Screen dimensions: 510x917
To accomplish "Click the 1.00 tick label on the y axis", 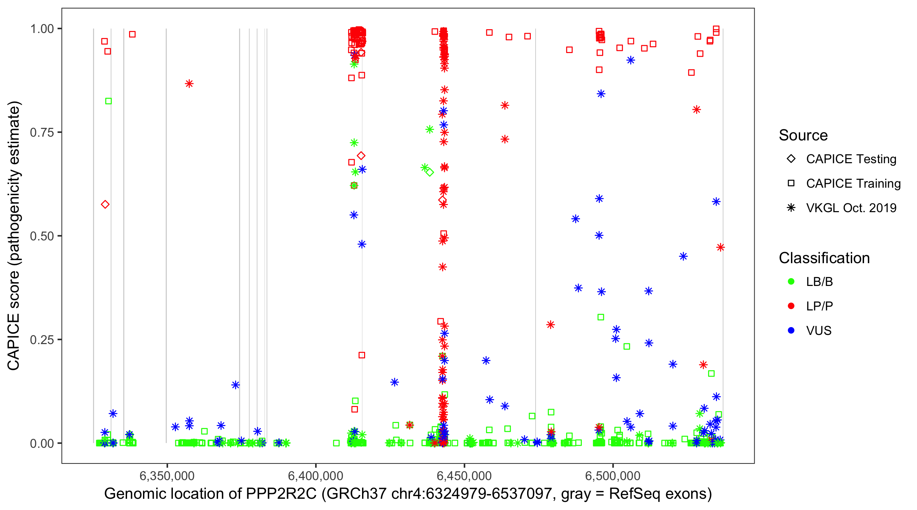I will pyautogui.click(x=42, y=29).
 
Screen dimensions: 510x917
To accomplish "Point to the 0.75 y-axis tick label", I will pyautogui.click(x=42, y=133).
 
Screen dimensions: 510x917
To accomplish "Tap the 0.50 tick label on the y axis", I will pyautogui.click(x=42, y=236).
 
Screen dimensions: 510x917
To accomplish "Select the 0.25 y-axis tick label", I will pyautogui.click(x=42, y=340).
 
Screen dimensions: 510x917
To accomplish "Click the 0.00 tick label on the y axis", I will pyautogui.click(x=42, y=443).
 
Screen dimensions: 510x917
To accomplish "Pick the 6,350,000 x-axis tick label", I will pyautogui.click(x=167, y=475).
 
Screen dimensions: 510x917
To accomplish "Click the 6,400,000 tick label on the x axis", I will pyautogui.click(x=316, y=475).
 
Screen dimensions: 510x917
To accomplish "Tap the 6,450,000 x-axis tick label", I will pyautogui.click(x=464, y=475).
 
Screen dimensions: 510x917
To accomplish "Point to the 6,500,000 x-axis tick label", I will pyautogui.click(x=613, y=475).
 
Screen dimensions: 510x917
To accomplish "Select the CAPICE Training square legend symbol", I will pyautogui.click(x=791, y=184).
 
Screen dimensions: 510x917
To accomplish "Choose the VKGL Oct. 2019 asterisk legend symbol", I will pyautogui.click(x=791, y=208).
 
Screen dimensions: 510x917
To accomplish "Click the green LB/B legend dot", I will pyautogui.click(x=791, y=282).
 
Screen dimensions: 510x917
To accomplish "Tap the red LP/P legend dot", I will pyautogui.click(x=791, y=306).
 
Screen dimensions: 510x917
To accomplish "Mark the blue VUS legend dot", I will pyautogui.click(x=791, y=330).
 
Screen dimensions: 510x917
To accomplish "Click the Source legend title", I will pyautogui.click(x=803, y=135).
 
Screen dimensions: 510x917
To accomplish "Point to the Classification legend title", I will pyautogui.click(x=824, y=258).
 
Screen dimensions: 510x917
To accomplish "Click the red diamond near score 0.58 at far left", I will pyautogui.click(x=105, y=205).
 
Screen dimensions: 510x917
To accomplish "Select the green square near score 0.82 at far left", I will pyautogui.click(x=109, y=101).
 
